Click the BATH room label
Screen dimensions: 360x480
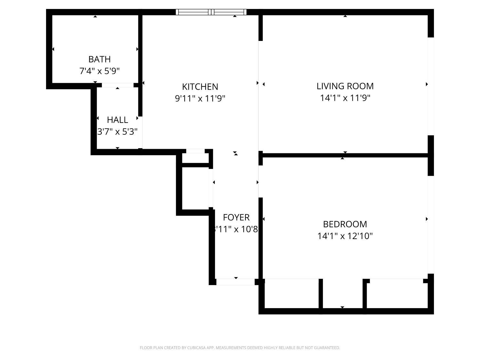[x=100, y=59]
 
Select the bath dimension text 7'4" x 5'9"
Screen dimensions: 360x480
[x=100, y=71]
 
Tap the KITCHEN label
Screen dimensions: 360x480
[x=200, y=87]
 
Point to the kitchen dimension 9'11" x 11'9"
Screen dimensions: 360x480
[x=200, y=98]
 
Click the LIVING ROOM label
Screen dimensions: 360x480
[x=345, y=86]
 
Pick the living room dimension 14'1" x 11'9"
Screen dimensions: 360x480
[x=345, y=98]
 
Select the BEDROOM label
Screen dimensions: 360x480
[x=345, y=224]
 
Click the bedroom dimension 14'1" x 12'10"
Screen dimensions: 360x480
[x=345, y=236]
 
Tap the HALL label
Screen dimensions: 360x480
[x=117, y=120]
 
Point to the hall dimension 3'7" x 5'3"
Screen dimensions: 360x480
[x=117, y=132]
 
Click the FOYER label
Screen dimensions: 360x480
[x=236, y=217]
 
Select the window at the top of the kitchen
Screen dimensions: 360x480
[x=211, y=12]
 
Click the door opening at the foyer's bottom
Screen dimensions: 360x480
[x=236, y=282]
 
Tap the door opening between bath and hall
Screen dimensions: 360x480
[x=117, y=85]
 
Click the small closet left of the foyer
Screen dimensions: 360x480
[x=195, y=189]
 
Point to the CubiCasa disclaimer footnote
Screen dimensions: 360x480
[x=240, y=348]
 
